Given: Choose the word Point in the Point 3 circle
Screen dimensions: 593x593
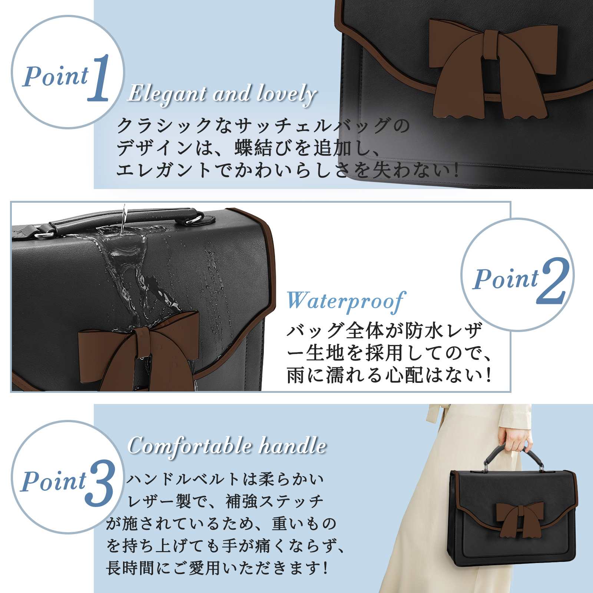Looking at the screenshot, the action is pyautogui.click(x=53, y=481).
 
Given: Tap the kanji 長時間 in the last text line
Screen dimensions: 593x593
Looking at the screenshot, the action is pyautogui.click(x=130, y=568).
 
